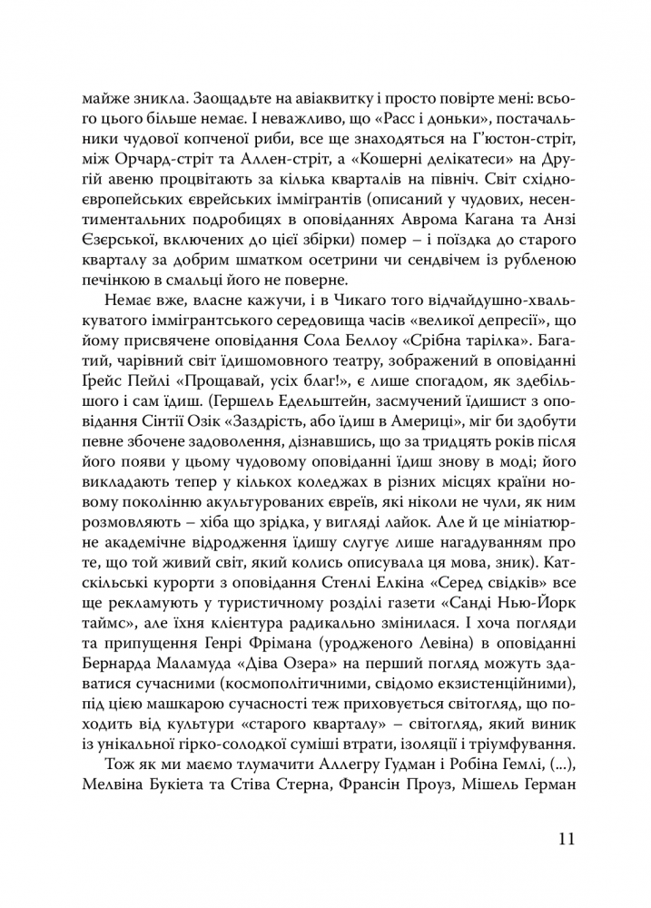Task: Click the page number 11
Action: [564, 838]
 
